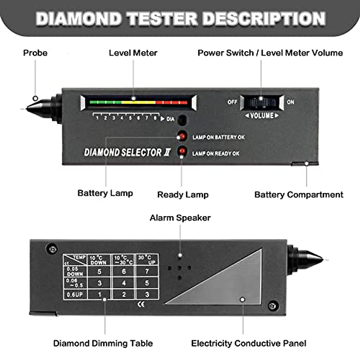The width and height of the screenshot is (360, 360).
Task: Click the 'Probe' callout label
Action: tap(35, 53)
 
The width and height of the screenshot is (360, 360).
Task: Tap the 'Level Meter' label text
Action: tap(133, 53)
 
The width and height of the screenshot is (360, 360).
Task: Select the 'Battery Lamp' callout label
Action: tap(105, 193)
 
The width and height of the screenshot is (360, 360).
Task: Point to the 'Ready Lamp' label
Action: tap(183, 195)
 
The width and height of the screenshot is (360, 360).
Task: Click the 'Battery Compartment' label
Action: tap(298, 195)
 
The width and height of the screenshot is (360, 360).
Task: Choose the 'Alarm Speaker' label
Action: tap(180, 218)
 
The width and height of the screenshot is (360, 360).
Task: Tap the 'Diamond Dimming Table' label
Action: tap(103, 343)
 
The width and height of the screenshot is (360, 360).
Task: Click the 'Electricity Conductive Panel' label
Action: tap(248, 343)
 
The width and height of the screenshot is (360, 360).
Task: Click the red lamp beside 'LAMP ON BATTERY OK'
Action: tap(182, 136)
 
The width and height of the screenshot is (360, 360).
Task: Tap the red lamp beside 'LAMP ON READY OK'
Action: tap(182, 151)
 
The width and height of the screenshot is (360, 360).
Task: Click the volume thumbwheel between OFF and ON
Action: tap(262, 103)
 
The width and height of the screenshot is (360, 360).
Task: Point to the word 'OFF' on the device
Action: tap(232, 102)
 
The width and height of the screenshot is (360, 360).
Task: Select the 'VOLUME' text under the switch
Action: tap(262, 116)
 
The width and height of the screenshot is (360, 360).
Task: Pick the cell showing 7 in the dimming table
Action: tap(147, 271)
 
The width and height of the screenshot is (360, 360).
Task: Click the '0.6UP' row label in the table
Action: tap(75, 295)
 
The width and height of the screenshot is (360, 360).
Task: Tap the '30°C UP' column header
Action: tap(147, 260)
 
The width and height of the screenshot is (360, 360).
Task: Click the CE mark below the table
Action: tap(141, 304)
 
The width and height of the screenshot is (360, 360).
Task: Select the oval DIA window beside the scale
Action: tap(182, 120)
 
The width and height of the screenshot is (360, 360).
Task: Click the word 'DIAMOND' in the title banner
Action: tap(79, 19)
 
